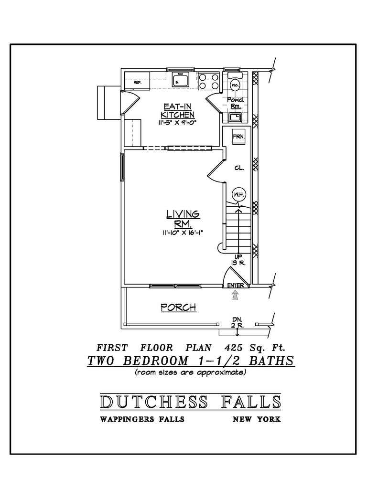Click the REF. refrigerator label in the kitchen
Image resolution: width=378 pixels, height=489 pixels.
coord(137,83)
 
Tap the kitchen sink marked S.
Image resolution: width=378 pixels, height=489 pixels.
coord(181,80)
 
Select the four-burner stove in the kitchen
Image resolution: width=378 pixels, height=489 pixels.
coord(208,81)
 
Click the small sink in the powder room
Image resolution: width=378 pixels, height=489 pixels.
coord(235,117)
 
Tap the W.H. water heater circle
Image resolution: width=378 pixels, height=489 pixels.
coord(238,195)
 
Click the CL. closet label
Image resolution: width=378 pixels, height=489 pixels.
coord(239,168)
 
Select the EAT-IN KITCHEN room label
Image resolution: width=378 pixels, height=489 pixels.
coord(178,110)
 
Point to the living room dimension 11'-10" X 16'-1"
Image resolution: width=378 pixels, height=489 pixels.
coord(183,233)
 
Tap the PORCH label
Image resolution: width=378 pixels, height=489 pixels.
coord(179,307)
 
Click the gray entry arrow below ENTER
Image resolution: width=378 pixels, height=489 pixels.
coord(235,295)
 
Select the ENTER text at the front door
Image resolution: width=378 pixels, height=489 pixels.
coord(236,286)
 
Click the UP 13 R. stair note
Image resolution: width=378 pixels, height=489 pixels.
coord(238,260)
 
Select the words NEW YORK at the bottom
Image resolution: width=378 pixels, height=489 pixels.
coord(257,419)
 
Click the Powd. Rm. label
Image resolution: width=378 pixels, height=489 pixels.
coord(235,103)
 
